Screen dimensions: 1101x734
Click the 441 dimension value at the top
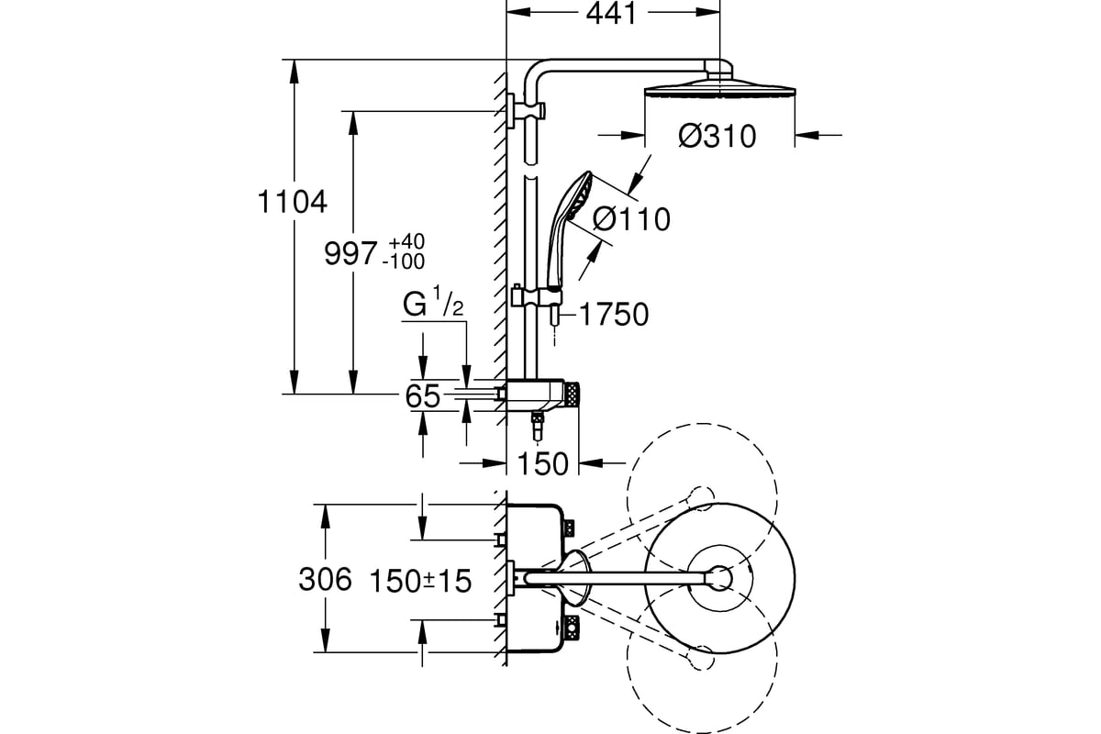pyautogui.click(x=611, y=13)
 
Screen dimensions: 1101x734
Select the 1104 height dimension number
pyautogui.click(x=292, y=202)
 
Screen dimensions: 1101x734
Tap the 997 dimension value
pyautogui.click(x=350, y=254)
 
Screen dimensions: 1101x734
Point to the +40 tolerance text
pyautogui.click(x=406, y=242)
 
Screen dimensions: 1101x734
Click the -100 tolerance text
pyautogui.click(x=404, y=261)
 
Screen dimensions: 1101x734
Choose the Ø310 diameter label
pyautogui.click(x=717, y=136)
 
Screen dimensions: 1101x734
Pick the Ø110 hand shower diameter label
pyautogui.click(x=631, y=219)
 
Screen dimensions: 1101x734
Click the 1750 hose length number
pyautogui.click(x=615, y=315)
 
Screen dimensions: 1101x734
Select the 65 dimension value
pyautogui.click(x=423, y=396)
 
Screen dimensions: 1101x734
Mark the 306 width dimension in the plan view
pyautogui.click(x=326, y=579)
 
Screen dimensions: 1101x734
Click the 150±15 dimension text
pyautogui.click(x=420, y=581)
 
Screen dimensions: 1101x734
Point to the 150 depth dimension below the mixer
pyautogui.click(x=543, y=463)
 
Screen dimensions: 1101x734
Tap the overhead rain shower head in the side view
pyautogui.click(x=719, y=87)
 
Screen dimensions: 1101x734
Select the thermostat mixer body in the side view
pyautogui.click(x=536, y=395)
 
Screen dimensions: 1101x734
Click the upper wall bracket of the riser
pyautogui.click(x=526, y=111)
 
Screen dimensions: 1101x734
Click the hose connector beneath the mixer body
pyautogui.click(x=538, y=427)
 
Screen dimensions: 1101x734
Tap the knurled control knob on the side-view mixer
pyautogui.click(x=573, y=395)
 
